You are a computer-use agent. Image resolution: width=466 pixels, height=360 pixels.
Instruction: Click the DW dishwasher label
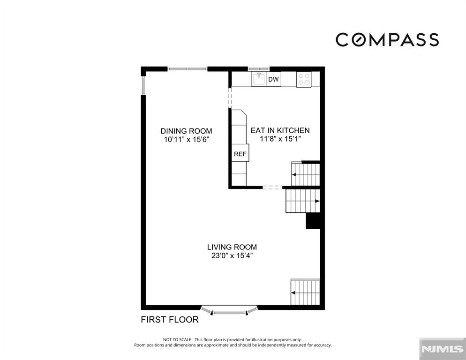pos(273,79)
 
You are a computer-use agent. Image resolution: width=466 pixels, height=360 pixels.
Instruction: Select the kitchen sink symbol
pos(259,79)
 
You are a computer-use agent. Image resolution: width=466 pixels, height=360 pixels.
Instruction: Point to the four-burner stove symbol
pos(304,79)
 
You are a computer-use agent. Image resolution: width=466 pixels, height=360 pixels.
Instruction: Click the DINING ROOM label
pos(186,131)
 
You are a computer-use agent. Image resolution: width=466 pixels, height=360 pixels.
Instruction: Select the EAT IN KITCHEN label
pos(280,130)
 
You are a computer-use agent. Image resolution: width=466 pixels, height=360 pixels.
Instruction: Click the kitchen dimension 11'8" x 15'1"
pos(280,139)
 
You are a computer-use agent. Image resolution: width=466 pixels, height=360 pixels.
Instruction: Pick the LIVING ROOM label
pos(232,247)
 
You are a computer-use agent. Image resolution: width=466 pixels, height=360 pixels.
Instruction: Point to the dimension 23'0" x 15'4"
pos(232,255)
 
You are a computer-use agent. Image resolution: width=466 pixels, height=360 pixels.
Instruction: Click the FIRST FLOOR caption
pos(169,320)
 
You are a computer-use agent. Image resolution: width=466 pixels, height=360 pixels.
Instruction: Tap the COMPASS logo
pos(387,39)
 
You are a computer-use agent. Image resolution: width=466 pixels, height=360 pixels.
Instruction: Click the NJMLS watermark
pos(443,349)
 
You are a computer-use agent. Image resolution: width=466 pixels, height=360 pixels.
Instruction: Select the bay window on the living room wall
pos(229,310)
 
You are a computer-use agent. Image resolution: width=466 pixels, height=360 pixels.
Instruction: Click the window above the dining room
pos(187,69)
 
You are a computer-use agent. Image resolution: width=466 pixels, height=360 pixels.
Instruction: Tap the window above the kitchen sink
pos(259,69)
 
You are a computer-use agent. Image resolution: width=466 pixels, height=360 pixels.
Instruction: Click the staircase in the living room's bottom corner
pos(305,292)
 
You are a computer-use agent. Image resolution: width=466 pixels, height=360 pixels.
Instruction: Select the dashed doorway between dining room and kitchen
pos(230,97)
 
